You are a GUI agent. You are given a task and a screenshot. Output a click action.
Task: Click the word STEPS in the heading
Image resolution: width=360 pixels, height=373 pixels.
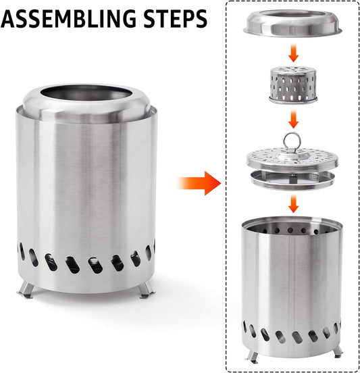pos(172,18)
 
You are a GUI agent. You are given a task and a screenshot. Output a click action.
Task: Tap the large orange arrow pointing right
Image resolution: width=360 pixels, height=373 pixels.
pos(201,182)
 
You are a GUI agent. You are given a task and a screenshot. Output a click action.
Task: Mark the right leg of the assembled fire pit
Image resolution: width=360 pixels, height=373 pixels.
pos(145,289)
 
